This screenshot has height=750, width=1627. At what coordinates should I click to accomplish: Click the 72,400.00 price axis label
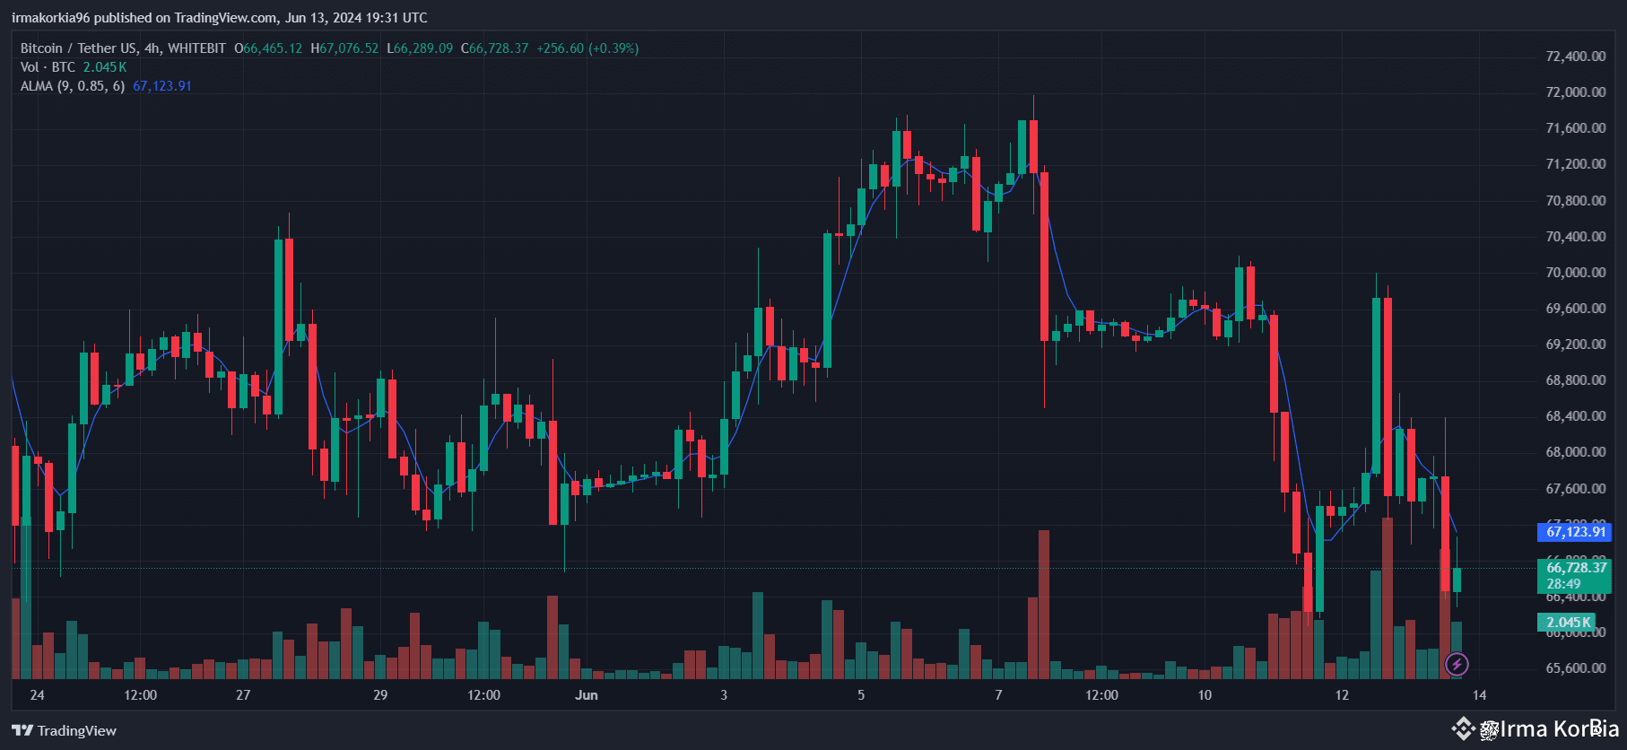pos(1575,57)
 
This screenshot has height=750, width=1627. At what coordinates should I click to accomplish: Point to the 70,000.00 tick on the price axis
pos(1575,273)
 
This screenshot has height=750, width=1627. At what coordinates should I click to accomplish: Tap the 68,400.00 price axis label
pos(1575,416)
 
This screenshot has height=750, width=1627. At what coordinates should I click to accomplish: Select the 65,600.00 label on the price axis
pos(1575,668)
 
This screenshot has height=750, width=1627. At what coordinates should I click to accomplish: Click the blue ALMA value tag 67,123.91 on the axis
pos(1575,532)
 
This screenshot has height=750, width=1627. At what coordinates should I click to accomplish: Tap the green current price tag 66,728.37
pos(1575,568)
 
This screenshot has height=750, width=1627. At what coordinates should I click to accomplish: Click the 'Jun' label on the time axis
pos(587,695)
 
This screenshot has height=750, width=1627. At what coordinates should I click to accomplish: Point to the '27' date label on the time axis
pos(243,695)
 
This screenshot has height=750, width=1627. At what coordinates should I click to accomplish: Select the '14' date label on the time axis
pos(1479,695)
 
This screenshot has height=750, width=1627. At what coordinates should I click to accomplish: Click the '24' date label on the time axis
pos(37,695)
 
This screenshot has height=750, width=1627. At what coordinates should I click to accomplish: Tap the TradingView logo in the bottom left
pos(65,730)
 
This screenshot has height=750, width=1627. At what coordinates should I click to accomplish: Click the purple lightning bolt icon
pos(1457,665)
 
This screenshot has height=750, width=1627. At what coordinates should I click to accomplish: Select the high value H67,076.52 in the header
pos(344,48)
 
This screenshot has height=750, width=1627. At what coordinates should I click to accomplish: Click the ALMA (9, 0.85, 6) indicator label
pos(73,86)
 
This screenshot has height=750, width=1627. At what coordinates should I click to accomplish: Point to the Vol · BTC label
pos(48,67)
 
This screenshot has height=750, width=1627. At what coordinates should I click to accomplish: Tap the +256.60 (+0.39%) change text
pos(587,48)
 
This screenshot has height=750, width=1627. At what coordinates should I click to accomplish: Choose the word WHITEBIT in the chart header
pos(196,48)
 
